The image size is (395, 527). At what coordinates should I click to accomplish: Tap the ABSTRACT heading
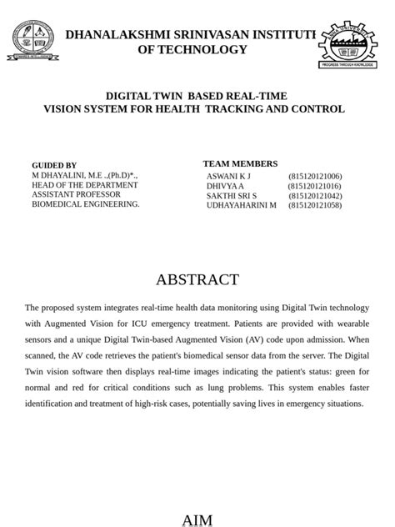197,279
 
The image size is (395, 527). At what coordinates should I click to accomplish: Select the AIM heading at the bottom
197,520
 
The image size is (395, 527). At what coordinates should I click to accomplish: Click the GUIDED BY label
54,166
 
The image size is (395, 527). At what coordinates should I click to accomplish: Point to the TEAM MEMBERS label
240,163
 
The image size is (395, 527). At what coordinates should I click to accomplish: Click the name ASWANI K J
228,177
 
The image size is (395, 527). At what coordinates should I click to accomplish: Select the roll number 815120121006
315,177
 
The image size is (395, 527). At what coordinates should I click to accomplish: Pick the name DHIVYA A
225,186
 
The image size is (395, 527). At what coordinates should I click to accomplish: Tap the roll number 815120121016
315,186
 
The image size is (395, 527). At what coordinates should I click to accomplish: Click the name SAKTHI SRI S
232,195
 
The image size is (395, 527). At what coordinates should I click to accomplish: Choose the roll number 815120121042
315,195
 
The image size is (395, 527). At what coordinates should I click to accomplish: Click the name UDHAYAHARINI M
241,204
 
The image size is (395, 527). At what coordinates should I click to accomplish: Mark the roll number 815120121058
315,204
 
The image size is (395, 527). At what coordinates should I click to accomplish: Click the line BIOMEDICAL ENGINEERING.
86,203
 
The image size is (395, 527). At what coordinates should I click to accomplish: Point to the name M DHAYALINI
63,176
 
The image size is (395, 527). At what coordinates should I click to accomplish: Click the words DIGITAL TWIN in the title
137,97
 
